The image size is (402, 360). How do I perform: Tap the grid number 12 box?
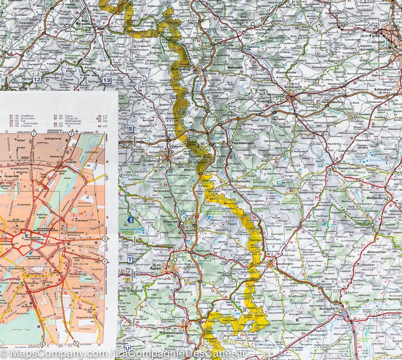(37, 80)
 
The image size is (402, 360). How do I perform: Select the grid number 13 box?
(107, 80)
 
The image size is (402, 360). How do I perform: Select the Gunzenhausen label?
(350, 167)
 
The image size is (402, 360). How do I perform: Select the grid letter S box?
(130, 128)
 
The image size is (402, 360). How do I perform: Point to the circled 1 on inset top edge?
(33, 134)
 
